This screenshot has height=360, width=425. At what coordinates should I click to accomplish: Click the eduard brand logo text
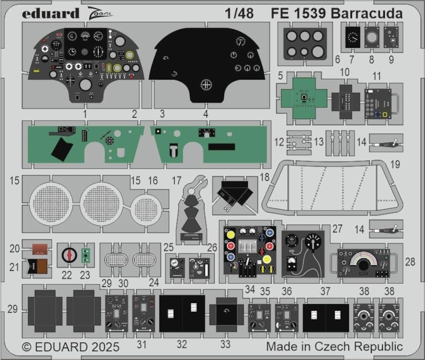point(51,14)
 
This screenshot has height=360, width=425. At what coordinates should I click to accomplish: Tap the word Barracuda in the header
point(367,14)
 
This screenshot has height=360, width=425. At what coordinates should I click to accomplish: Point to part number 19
point(395,164)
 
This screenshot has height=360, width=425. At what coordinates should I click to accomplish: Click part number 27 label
point(337,229)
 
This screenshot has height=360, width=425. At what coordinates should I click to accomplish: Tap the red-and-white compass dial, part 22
point(68,255)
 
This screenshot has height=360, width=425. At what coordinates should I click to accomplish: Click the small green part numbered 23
point(86,255)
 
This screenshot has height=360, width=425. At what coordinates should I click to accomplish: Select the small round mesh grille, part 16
point(146,208)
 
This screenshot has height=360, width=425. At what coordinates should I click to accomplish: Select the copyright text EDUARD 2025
point(71,347)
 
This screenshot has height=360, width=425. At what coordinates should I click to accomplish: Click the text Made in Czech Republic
point(334,347)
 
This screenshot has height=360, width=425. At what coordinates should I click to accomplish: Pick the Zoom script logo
point(101,14)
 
